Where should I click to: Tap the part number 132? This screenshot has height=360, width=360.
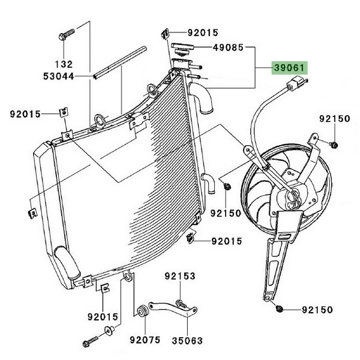point(64,64)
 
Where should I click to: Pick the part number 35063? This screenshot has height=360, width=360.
point(187,340)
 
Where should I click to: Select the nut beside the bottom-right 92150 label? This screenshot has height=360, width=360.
point(280,310)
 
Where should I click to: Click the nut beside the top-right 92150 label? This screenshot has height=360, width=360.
point(334,144)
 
